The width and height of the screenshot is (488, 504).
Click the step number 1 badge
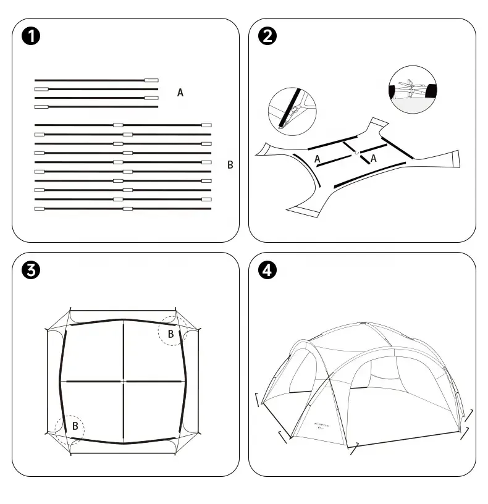pos(31,36)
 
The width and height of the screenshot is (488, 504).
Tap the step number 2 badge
pos(267,36)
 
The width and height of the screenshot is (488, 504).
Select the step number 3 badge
pos(31,270)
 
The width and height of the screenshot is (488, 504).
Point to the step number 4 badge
pos(267,270)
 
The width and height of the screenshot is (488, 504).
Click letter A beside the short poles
pos(180,93)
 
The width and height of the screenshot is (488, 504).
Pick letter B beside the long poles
pos(230,165)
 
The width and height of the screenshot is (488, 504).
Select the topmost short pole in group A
pos(96,80)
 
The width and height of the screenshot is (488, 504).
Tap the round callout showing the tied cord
pos(413,90)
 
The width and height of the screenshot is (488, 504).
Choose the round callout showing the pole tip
pos(292,111)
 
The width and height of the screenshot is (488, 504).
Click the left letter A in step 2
pos(318,159)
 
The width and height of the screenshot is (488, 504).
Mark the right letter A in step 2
pos(373,158)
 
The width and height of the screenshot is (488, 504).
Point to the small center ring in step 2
pos(357,152)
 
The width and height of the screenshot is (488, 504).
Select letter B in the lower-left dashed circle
pos(75,426)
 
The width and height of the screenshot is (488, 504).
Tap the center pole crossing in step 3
pos(124,382)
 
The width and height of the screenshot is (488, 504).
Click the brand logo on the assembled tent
pos(319,426)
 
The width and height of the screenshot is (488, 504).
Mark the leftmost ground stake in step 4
pos(258,400)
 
